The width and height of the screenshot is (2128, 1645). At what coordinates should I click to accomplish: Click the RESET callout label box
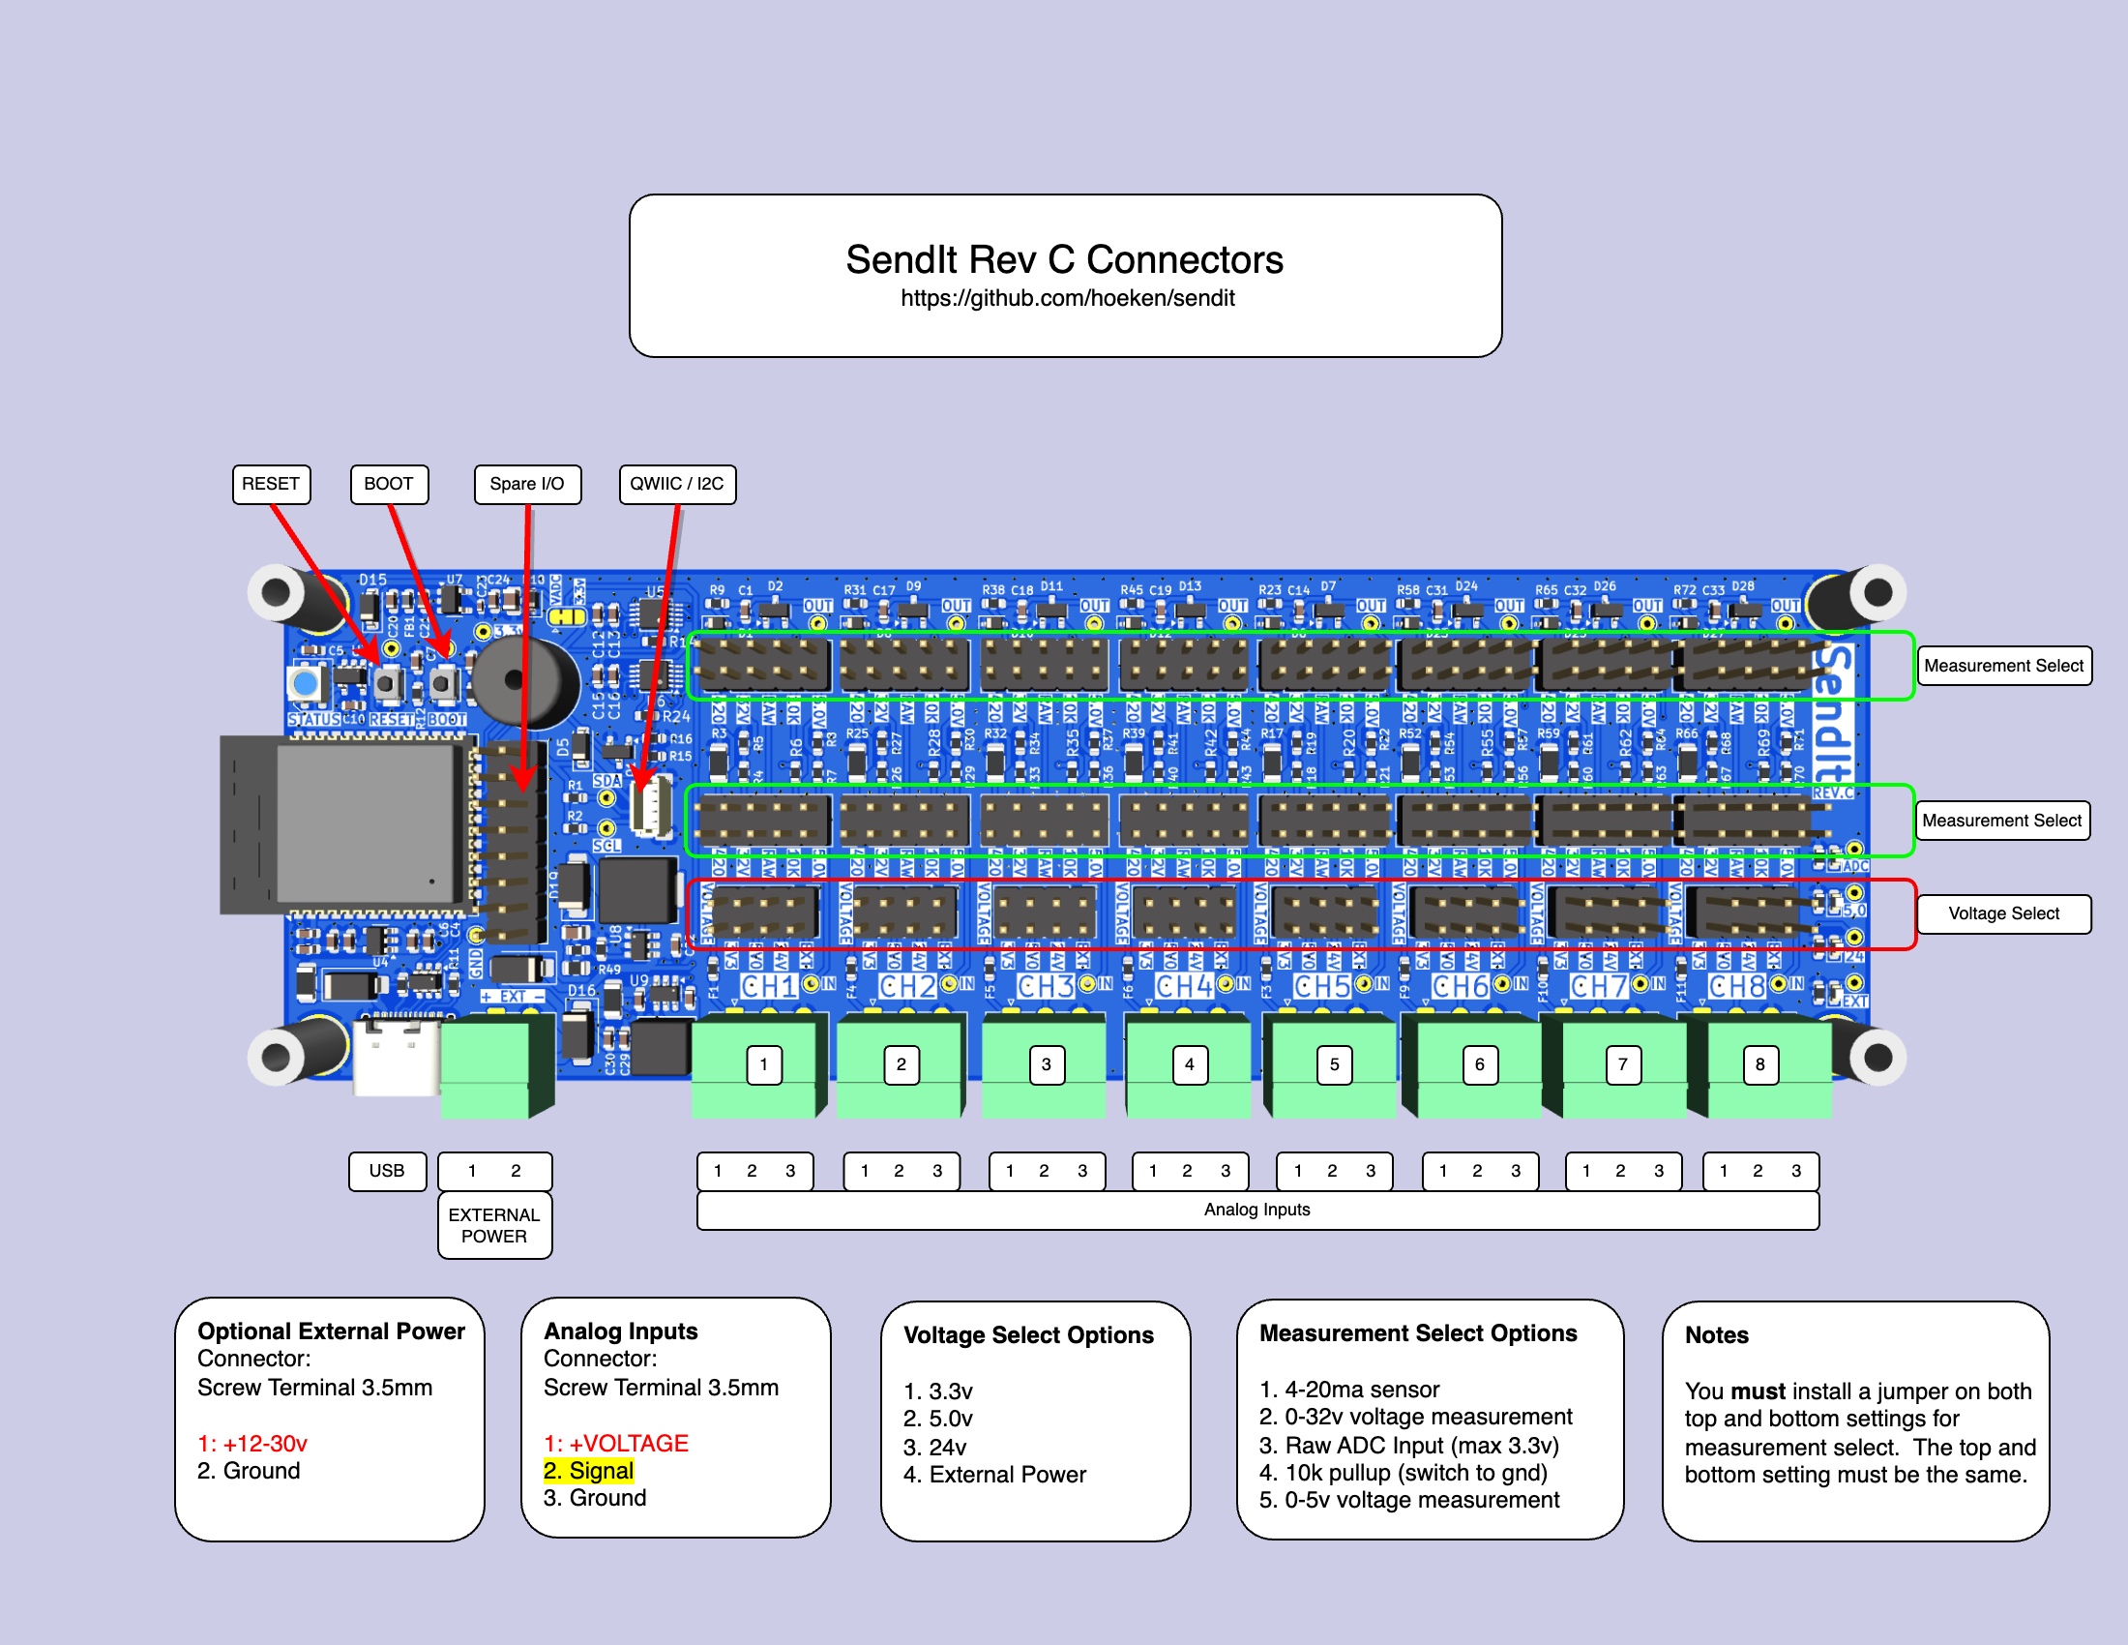(271, 485)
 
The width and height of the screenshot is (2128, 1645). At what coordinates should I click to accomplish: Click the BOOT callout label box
(389, 485)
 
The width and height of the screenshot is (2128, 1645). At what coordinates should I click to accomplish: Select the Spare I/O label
(527, 485)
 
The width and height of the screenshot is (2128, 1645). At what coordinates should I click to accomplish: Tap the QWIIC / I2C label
(677, 485)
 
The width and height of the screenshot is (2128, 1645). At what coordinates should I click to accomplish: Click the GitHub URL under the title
(1067, 298)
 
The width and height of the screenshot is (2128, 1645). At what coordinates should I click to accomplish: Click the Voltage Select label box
(2003, 913)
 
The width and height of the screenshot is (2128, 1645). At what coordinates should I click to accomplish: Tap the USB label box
(387, 1171)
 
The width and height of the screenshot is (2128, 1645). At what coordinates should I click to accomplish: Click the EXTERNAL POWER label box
(494, 1225)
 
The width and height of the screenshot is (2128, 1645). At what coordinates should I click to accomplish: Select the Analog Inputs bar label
(1256, 1210)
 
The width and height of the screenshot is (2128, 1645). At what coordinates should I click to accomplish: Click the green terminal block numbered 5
(1334, 1065)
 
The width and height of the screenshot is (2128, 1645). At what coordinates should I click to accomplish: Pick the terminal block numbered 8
(1759, 1065)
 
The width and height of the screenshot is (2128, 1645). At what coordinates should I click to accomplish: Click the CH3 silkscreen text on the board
(1046, 986)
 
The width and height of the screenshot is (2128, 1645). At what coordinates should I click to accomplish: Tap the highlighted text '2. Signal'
(588, 1471)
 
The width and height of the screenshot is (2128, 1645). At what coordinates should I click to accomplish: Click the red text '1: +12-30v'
(252, 1444)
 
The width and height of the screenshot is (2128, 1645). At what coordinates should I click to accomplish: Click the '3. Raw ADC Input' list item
(1408, 1446)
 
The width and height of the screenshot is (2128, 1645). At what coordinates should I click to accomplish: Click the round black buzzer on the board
(526, 680)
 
